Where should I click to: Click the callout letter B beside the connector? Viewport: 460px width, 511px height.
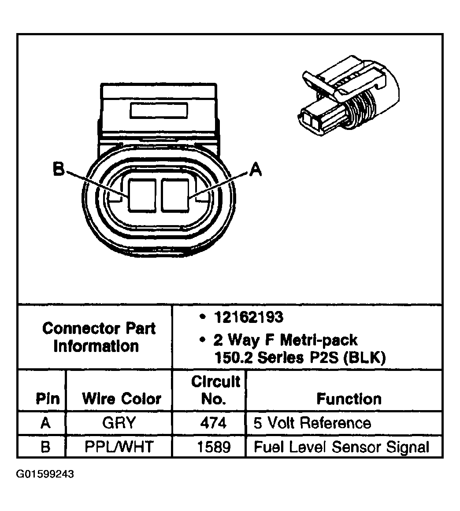point(59,170)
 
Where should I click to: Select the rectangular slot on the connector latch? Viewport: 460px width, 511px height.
point(159,110)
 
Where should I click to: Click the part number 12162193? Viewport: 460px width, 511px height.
point(249,317)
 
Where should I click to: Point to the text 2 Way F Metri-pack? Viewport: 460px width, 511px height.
point(286,340)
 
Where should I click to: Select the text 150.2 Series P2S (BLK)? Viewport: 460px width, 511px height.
point(300,357)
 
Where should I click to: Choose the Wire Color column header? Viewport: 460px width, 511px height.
point(121,399)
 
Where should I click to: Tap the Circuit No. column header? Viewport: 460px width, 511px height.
point(215,390)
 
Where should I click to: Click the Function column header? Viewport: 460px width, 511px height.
point(349,399)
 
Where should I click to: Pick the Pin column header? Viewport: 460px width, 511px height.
point(47,399)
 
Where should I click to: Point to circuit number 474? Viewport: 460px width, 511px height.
point(213,423)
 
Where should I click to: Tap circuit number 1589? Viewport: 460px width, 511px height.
point(213,447)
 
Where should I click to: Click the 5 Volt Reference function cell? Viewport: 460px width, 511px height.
point(312,423)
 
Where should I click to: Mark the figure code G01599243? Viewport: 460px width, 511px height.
point(45,474)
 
